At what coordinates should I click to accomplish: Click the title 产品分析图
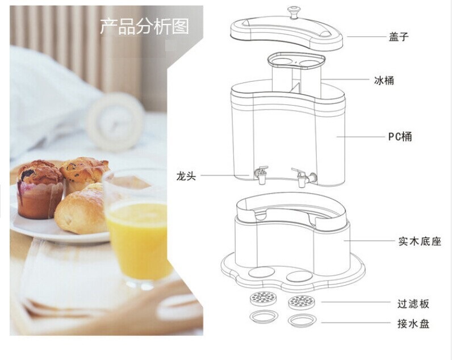point(144,27)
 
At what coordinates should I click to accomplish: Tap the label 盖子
point(399,37)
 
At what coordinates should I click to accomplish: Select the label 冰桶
point(384,81)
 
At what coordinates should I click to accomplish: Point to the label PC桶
point(400,136)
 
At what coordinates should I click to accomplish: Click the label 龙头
point(186,175)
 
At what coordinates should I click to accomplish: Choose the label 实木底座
point(420,241)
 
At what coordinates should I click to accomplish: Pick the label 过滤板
point(413,304)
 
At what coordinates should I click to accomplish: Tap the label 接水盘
point(413,324)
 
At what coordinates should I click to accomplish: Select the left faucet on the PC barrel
point(261,175)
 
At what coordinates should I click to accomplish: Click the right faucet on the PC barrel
point(304,177)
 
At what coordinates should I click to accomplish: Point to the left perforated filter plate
point(263,298)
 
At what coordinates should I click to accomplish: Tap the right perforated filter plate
point(301,302)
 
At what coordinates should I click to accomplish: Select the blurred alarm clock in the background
point(115,121)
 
